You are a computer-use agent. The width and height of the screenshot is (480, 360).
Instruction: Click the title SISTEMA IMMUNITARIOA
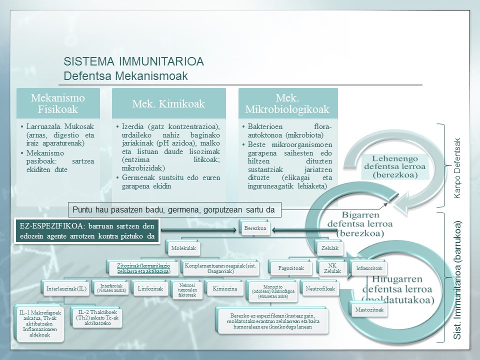133,62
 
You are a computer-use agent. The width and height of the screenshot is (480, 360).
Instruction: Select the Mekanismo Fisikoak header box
58,103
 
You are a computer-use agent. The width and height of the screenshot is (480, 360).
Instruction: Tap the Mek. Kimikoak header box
168,104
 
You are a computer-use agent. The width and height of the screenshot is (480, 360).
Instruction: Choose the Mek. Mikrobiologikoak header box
288,103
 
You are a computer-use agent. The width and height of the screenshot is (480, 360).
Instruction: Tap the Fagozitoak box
290,267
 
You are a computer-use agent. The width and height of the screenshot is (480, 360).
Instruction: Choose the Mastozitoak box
369,309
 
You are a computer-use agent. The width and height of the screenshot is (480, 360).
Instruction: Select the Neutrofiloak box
320,288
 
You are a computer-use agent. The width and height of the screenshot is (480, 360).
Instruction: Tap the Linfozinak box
149,288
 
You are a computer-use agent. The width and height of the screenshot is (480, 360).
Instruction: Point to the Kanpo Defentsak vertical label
456,167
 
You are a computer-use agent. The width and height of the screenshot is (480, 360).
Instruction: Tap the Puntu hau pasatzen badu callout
174,210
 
